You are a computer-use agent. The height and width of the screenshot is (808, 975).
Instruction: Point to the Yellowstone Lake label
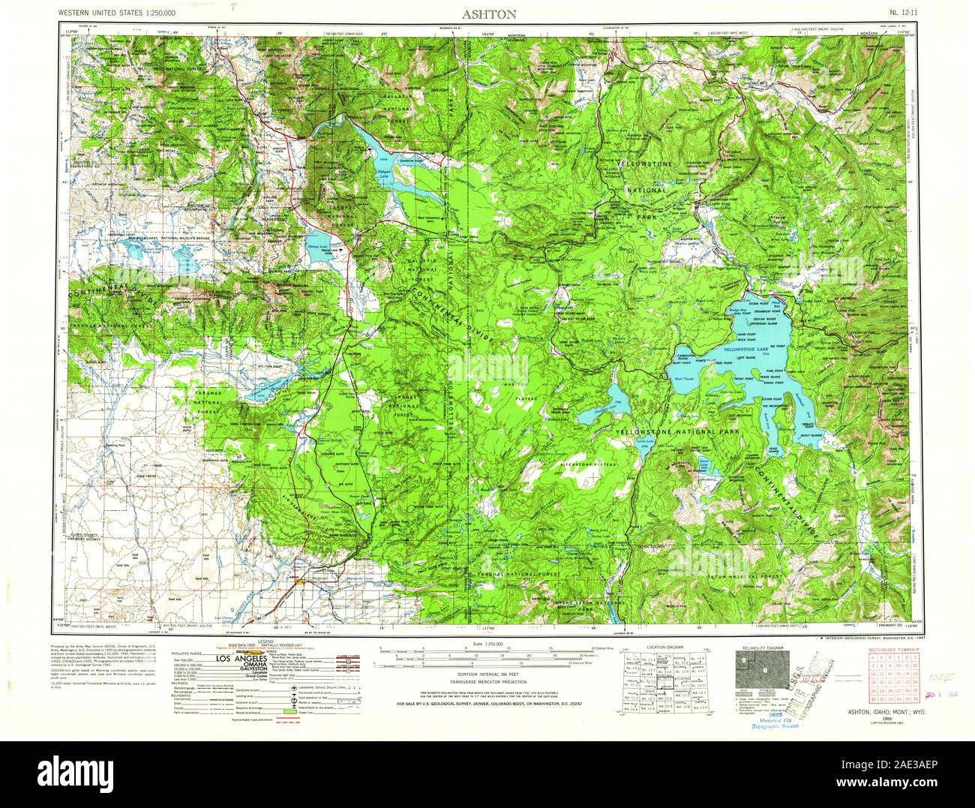747,350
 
